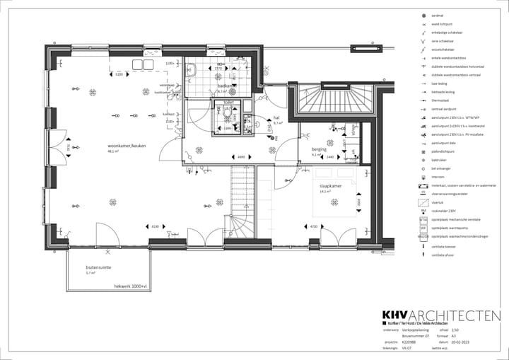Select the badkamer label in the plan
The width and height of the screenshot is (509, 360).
[226, 86]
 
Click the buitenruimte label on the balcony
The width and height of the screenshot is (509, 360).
[97, 267]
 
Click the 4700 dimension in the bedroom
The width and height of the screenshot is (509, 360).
[312, 227]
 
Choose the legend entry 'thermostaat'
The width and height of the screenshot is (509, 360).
[441, 100]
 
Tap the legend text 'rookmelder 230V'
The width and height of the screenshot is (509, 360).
[445, 211]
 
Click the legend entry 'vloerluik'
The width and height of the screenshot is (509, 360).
[438, 202]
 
